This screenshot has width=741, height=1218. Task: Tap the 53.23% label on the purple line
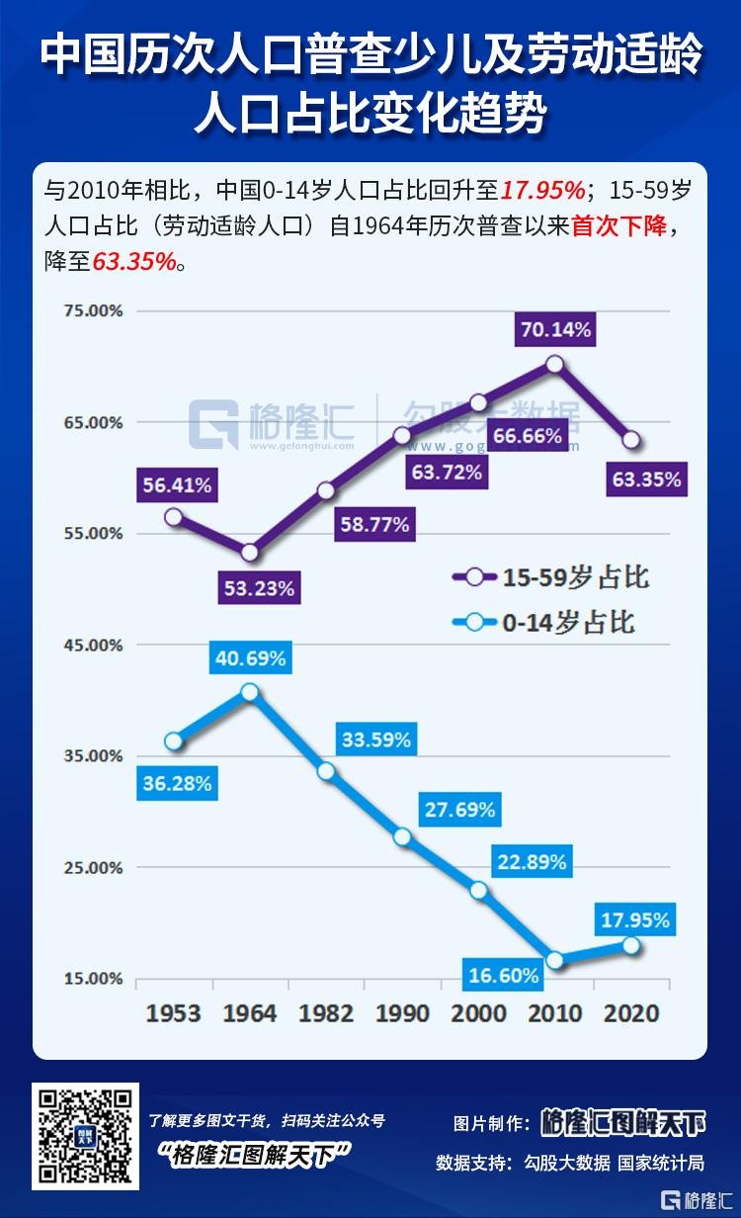[259, 588]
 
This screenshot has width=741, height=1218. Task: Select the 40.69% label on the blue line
[249, 657]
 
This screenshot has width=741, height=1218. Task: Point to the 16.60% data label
[504, 976]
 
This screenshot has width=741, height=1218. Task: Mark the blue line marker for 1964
[250, 692]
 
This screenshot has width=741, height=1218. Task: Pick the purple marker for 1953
[174, 516]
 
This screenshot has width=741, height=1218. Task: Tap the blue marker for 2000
[479, 890]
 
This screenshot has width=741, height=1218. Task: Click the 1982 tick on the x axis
[326, 1013]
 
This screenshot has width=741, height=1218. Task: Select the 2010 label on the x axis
[555, 1013]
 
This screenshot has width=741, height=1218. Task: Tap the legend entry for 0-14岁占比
[542, 622]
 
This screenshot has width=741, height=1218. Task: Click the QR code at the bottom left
[85, 1136]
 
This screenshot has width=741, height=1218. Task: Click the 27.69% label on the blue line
[458, 810]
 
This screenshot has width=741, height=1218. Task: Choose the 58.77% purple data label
[374, 524]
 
